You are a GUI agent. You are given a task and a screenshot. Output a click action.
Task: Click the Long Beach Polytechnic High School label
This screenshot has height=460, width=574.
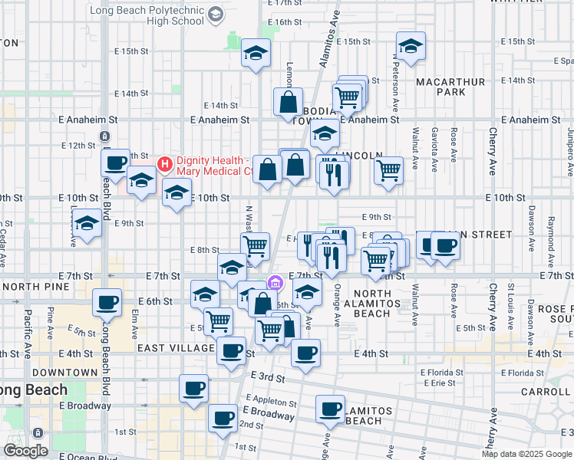click(150, 16)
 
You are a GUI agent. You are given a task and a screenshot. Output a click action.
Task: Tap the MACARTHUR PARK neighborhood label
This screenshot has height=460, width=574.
click(450, 87)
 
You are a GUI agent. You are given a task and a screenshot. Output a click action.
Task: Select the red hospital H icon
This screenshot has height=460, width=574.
click(164, 163)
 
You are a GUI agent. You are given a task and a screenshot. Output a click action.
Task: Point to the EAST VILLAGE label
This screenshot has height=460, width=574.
click(175, 348)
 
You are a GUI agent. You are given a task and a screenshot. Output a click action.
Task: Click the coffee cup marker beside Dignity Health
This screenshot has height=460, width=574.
click(116, 163)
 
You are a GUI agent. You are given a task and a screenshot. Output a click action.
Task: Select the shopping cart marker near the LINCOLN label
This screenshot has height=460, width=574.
click(389, 170)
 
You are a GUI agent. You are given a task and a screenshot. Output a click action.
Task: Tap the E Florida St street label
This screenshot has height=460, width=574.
click(438, 373)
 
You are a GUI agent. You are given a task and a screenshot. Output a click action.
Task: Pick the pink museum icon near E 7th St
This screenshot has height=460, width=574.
click(275, 285)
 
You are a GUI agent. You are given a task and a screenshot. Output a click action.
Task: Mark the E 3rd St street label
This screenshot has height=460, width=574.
click(268, 377)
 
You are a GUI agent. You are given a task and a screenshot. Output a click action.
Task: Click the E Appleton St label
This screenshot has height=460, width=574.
click(272, 402)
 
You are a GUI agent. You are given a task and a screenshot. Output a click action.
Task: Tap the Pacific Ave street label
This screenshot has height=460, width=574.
click(28, 325)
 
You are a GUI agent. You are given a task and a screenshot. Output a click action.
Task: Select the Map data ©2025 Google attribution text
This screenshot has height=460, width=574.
click(526, 454)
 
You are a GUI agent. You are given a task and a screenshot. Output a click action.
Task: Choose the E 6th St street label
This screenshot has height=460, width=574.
click(156, 301)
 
